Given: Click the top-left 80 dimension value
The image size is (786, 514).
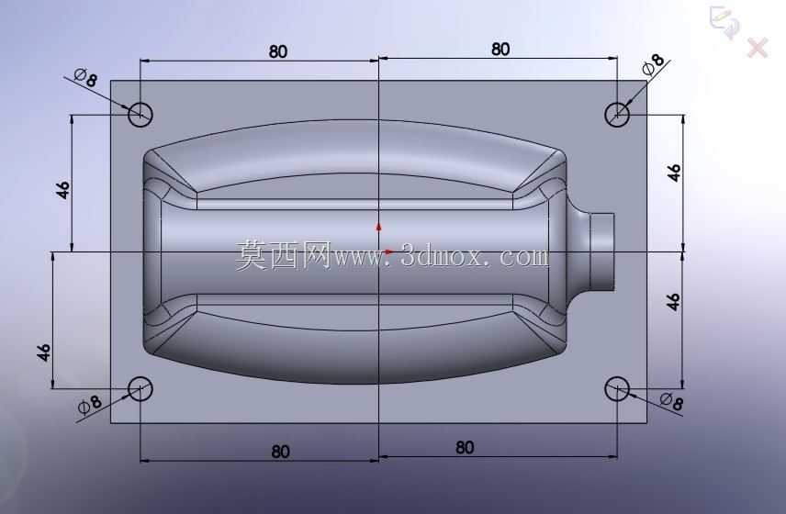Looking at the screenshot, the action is point(277,51).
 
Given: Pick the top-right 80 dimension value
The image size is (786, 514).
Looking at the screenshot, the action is point(500,49).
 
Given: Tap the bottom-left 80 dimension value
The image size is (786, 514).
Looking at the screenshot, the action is point(280,452).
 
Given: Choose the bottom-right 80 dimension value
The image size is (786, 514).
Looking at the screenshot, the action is point(465,447).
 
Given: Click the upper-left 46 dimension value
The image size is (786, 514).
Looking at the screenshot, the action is point(62,190).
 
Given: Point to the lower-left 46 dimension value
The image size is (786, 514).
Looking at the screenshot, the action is point(44,352).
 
